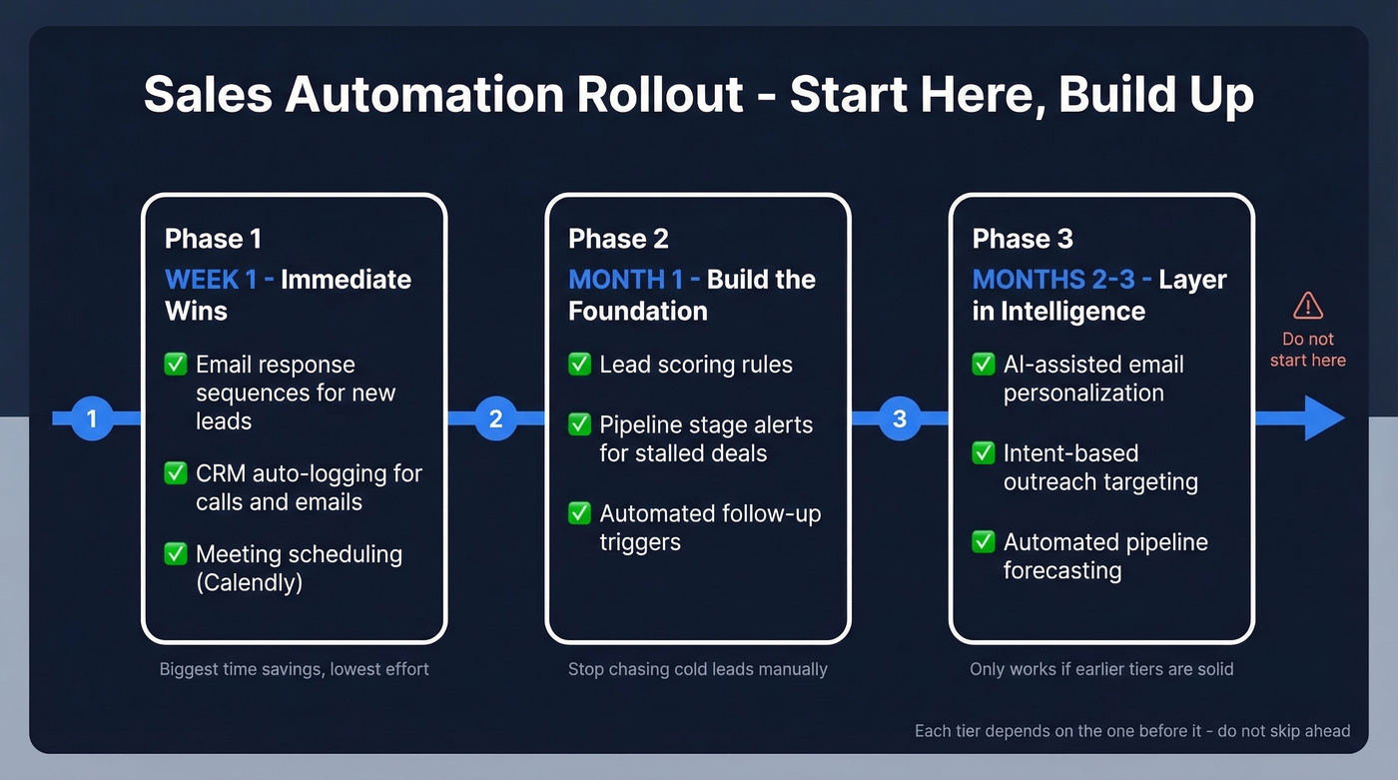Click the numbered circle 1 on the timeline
pos(92,418)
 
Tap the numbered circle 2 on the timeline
pos(495,418)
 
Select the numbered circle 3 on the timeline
pos(900,418)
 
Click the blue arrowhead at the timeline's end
pos(1323,418)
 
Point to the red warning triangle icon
pos(1307,306)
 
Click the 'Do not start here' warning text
pos(1307,350)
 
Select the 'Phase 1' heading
pos(213,239)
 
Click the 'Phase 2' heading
pos(618,239)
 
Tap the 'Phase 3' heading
pos(1023,239)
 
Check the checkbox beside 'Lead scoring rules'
pos(579,365)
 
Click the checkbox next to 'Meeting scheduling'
pos(176,553)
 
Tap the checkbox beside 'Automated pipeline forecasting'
pos(984,541)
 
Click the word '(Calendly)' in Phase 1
pos(249,582)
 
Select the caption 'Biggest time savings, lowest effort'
pos(294,669)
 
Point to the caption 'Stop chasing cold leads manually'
pos(697,669)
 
